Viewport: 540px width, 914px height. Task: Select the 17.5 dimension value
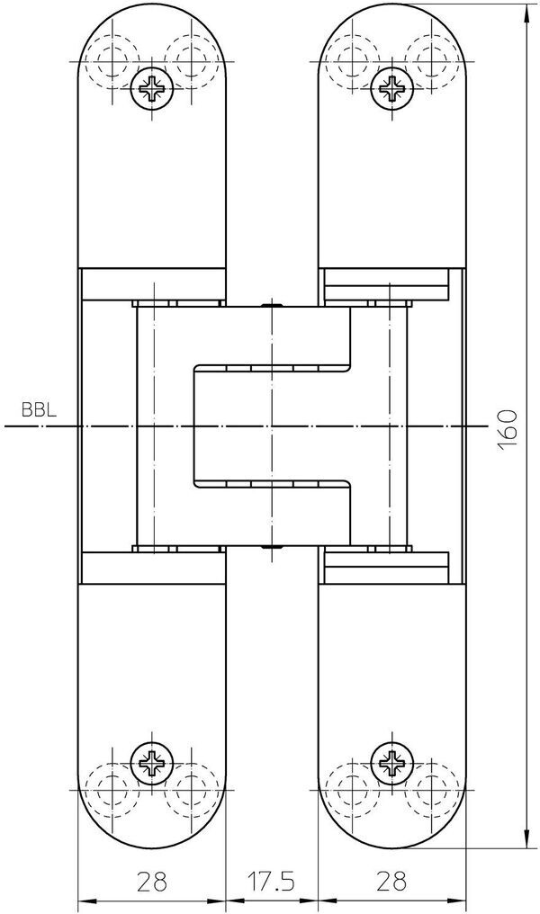click(x=270, y=879)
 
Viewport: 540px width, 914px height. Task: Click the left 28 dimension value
click(x=150, y=879)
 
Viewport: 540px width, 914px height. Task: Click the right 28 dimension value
click(x=391, y=879)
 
